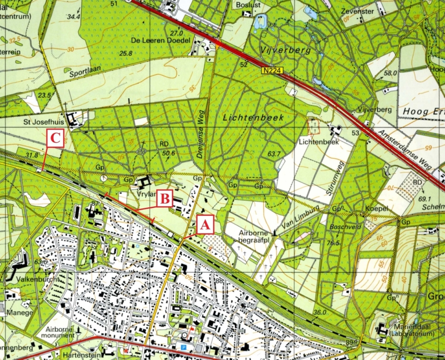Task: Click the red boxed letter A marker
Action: [204, 224]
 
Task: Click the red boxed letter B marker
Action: [165, 199]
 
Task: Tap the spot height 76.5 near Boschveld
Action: [332, 243]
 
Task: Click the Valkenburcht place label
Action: [37, 279]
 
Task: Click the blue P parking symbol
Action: [183, 347]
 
